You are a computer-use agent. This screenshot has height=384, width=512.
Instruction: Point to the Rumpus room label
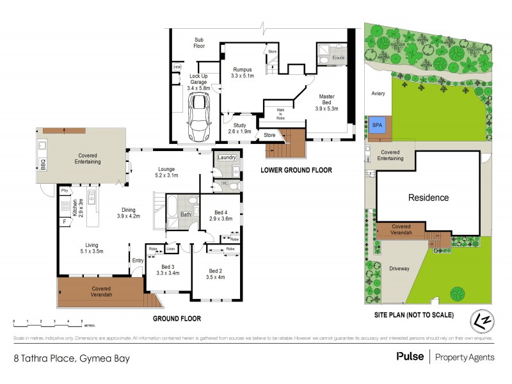coord(243,72)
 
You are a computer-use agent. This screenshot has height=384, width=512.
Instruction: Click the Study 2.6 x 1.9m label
coord(241,128)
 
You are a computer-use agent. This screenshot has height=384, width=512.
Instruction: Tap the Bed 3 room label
coord(168,268)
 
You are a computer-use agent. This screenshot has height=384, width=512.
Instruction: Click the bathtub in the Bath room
coord(173,208)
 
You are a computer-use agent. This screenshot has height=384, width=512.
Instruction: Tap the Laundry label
coord(227,157)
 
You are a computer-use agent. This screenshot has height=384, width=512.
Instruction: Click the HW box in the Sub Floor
coord(177,67)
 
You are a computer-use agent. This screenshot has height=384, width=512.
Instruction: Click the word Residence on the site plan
coord(429,198)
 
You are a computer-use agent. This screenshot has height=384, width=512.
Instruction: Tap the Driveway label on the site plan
coord(399,268)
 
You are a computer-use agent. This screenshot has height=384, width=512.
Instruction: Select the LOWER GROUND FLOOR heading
coord(296,170)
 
